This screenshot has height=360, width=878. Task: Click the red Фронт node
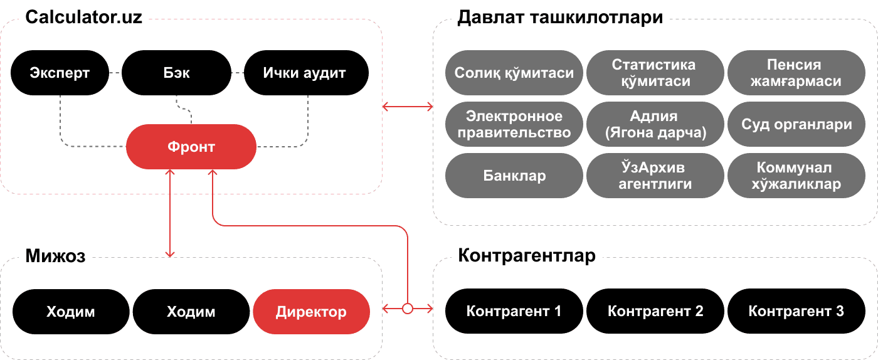pyautogui.click(x=191, y=147)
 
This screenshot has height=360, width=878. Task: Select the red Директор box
pyautogui.click(x=311, y=312)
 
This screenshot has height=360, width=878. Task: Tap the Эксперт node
pyautogui.click(x=60, y=73)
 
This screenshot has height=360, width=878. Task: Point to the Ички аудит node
pyautogui.click(x=305, y=73)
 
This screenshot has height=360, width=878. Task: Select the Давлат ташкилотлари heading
pyautogui.click(x=560, y=18)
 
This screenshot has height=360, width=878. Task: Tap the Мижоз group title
pyautogui.click(x=55, y=256)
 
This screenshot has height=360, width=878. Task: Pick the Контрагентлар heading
pyautogui.click(x=527, y=256)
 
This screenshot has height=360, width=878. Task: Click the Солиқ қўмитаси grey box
pyautogui.click(x=514, y=73)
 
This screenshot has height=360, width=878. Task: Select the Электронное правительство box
pyautogui.click(x=514, y=124)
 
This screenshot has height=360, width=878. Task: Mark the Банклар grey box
pyautogui.click(x=514, y=176)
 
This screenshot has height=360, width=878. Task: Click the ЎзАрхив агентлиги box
pyautogui.click(x=655, y=176)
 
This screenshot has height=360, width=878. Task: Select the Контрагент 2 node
pyautogui.click(x=655, y=311)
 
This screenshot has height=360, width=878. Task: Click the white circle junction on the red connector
pyautogui.click(x=408, y=308)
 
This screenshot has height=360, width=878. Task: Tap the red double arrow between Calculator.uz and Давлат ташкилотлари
pyautogui.click(x=408, y=107)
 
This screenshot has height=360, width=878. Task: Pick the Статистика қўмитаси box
pyautogui.click(x=655, y=73)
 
